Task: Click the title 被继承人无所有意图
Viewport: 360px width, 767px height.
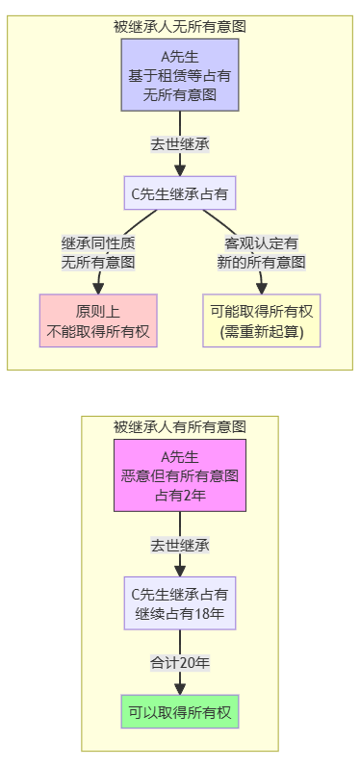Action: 180,27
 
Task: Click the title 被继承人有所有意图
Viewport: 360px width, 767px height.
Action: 180,426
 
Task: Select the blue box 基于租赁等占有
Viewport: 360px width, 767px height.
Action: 180,74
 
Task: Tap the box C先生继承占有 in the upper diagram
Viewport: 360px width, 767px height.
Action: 180,193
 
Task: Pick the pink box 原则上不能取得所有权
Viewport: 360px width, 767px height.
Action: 98,320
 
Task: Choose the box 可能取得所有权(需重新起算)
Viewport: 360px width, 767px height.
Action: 261,320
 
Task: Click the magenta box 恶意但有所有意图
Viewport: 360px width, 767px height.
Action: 180,475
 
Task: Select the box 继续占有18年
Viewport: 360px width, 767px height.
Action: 180,602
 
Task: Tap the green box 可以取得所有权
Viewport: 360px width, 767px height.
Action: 180,712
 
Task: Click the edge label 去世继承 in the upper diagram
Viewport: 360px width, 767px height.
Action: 180,144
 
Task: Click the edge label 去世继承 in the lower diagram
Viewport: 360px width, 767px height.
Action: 180,545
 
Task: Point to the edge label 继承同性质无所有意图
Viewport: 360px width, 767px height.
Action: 98,251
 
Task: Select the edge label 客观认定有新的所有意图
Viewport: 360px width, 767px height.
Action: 261,251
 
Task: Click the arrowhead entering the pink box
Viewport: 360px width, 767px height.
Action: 98,288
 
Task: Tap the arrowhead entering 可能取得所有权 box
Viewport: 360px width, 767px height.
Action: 262,288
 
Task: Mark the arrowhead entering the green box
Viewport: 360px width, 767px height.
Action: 180,688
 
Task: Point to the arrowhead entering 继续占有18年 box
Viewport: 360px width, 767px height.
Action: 180,571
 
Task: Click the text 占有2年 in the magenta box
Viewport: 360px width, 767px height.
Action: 180,495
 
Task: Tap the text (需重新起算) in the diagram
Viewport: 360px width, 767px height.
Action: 261,332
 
